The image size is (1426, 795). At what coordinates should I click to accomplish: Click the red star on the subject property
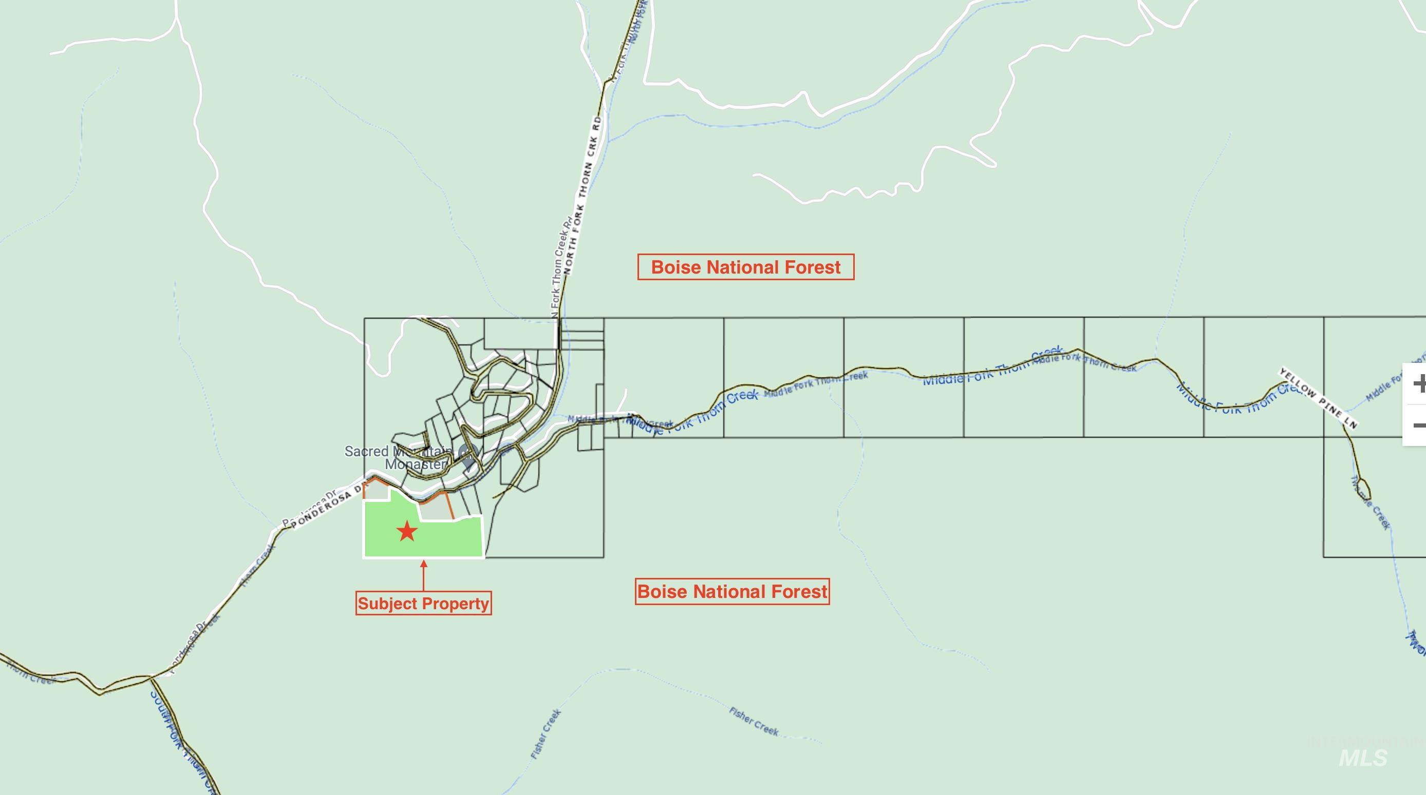click(407, 531)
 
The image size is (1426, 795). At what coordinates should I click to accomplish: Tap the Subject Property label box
click(423, 603)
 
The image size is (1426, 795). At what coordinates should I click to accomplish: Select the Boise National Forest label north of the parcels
click(746, 267)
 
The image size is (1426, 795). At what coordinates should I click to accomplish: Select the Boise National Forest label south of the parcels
click(732, 591)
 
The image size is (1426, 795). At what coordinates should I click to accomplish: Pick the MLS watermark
click(1363, 758)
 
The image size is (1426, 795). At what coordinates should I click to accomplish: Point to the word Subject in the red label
click(386, 603)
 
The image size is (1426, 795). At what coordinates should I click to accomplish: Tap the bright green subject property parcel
click(443, 539)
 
